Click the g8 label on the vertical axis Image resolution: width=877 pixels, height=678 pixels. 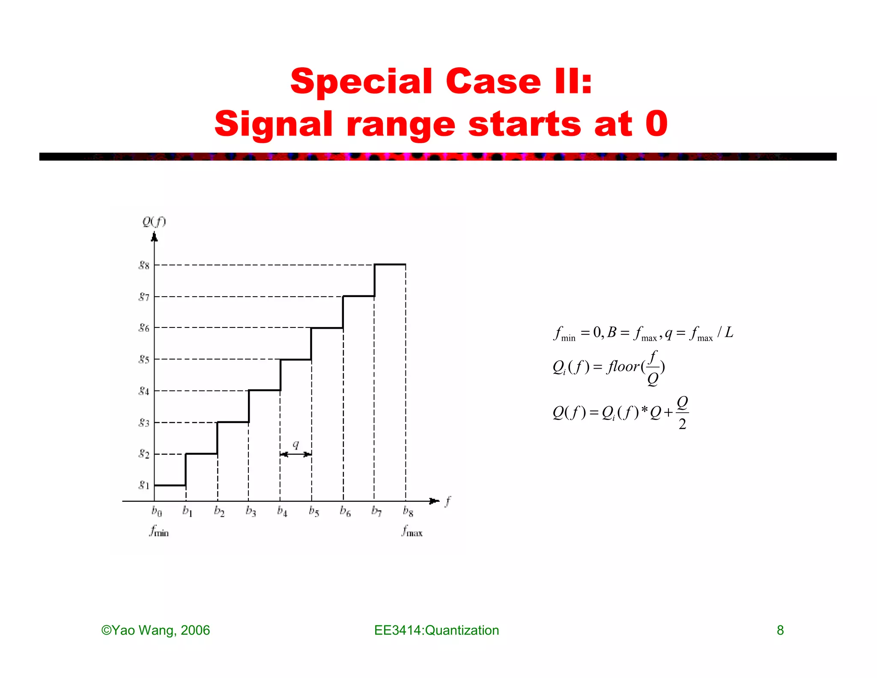point(144,265)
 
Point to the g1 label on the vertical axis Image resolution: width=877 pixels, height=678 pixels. point(144,485)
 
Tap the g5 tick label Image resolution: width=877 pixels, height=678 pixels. point(144,359)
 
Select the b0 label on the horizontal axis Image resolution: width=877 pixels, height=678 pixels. point(157,511)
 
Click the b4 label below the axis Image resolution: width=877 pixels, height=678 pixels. point(282,511)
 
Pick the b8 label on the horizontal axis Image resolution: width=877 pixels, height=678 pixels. point(408,511)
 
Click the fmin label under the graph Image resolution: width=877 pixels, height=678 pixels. point(159,531)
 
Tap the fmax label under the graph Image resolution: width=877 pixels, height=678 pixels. point(412,531)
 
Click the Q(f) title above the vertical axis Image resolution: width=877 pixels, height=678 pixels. point(154,222)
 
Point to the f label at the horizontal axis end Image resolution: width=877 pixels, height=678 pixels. point(448,501)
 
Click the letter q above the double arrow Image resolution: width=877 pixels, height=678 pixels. point(295,444)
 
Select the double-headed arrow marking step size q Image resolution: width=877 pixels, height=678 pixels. point(295,454)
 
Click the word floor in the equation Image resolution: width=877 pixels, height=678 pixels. point(623,366)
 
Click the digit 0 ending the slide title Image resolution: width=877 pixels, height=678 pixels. point(656,124)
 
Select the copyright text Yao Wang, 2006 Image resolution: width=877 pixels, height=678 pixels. point(155,630)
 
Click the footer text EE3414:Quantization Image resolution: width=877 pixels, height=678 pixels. point(436,630)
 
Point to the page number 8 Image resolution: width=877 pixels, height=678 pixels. point(780,630)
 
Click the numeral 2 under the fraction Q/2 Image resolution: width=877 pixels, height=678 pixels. point(682,424)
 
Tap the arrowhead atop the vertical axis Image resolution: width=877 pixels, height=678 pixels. point(155,236)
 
